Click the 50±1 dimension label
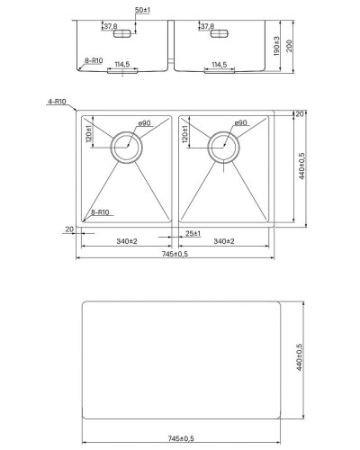[x=143, y=9]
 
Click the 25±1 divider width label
[x=193, y=234]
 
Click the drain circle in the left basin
[x=126, y=146]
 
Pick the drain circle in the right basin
[x=222, y=146]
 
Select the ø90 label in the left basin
[x=144, y=123]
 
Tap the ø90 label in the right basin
[x=240, y=123]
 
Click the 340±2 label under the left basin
[x=126, y=242]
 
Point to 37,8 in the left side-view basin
[x=110, y=27]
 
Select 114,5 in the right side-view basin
[x=217, y=64]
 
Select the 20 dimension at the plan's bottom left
[x=68, y=229]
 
